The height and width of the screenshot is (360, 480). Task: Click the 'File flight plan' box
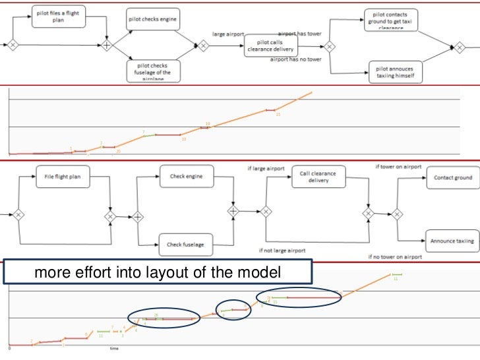[63, 176]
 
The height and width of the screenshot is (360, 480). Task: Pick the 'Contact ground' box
[452, 177]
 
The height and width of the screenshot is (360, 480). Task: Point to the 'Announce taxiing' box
[452, 241]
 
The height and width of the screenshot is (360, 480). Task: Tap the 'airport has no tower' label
[296, 59]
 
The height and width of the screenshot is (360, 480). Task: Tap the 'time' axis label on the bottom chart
[115, 347]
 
